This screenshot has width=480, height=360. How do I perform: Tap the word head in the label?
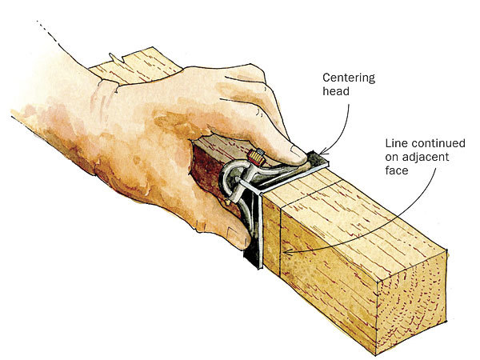coord(336,93)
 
